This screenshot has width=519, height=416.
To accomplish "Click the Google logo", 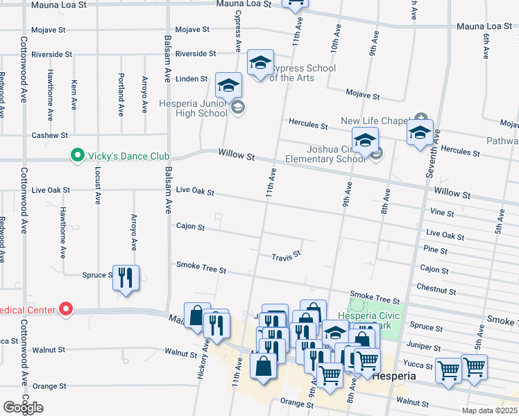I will [23, 408].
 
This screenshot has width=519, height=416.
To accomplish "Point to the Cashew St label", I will [49, 135].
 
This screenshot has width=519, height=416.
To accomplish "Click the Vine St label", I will [441, 213].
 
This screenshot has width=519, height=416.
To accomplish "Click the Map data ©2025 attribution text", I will [489, 410].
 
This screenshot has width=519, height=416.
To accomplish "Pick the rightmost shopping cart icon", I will [474, 367].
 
